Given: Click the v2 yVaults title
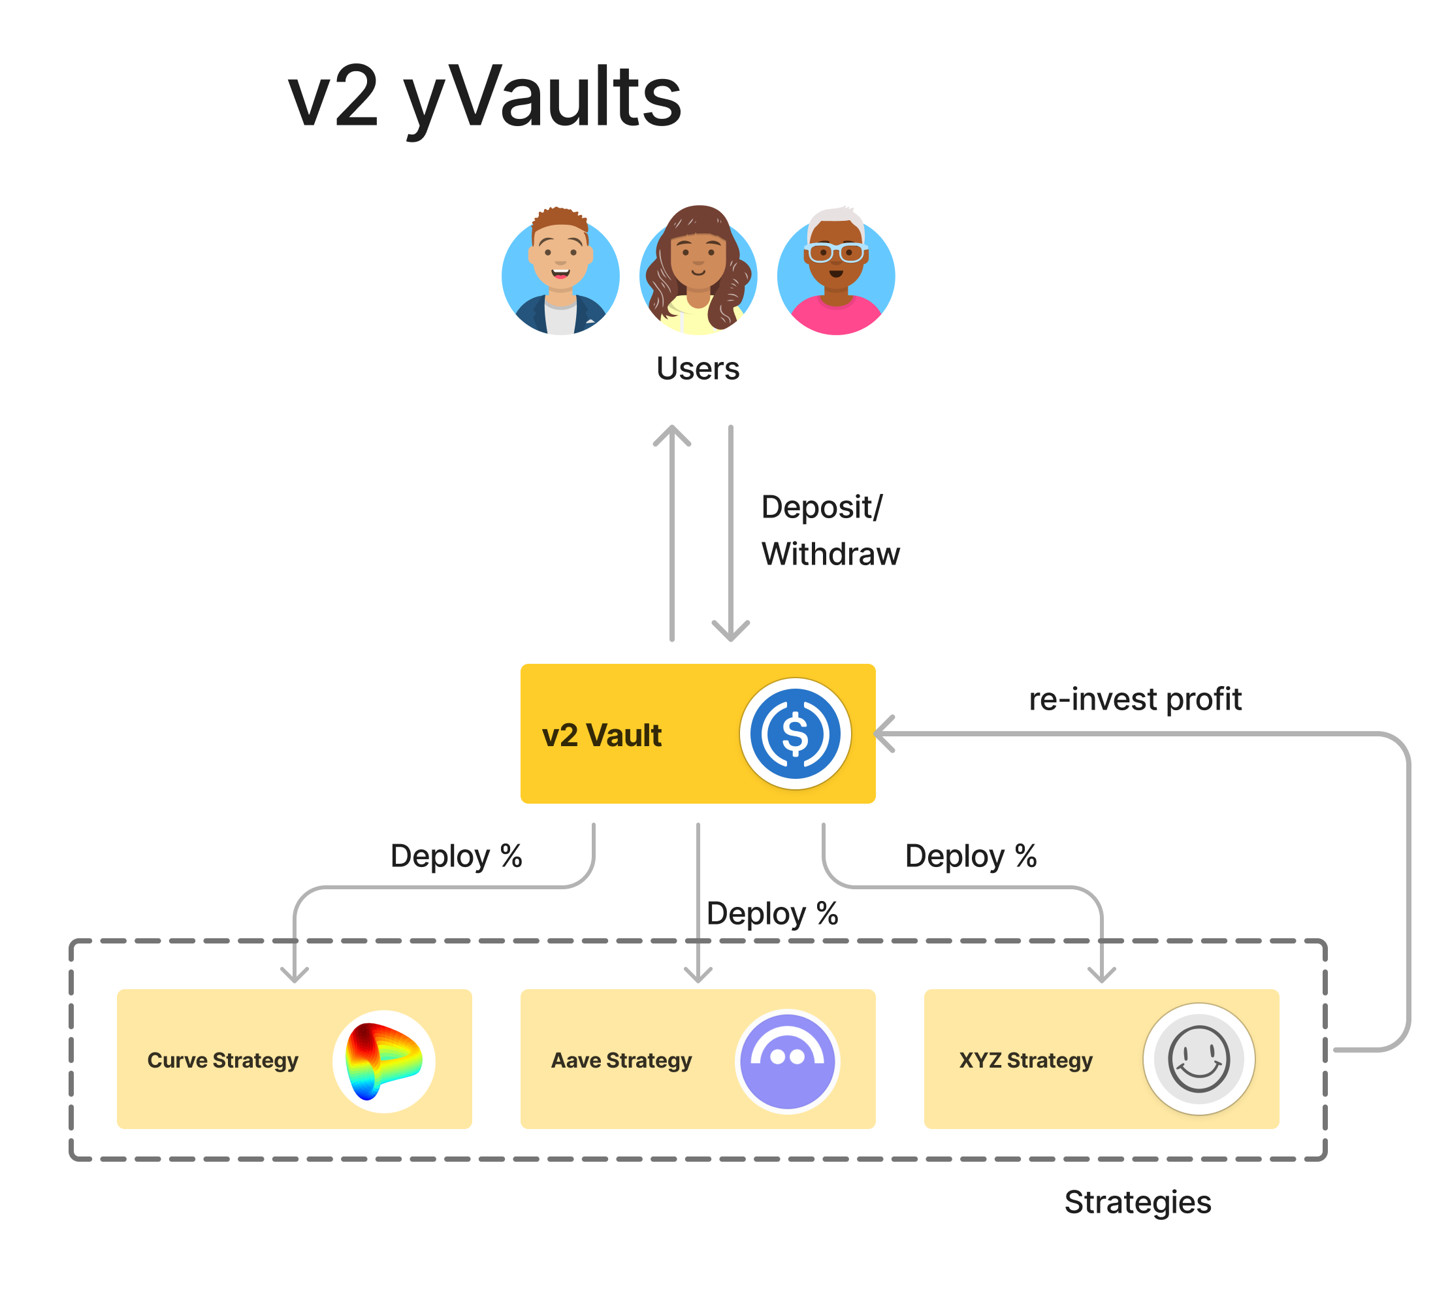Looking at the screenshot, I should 484,97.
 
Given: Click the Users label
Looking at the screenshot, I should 698,369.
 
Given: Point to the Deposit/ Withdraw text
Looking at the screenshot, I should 830,530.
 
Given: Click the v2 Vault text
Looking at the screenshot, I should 602,735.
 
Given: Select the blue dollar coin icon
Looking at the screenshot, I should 795,734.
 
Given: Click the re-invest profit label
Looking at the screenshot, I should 1135,698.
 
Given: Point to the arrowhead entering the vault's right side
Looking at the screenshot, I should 883,734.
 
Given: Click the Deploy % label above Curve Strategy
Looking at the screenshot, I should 456,855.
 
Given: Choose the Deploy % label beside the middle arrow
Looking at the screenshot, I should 772,913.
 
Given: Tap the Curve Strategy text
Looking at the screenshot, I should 223,1060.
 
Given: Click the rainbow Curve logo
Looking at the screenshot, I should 383,1061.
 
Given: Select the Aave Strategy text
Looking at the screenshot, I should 620,1060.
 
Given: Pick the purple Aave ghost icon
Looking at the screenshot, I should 787,1061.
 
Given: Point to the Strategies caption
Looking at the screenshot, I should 1137,1202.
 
